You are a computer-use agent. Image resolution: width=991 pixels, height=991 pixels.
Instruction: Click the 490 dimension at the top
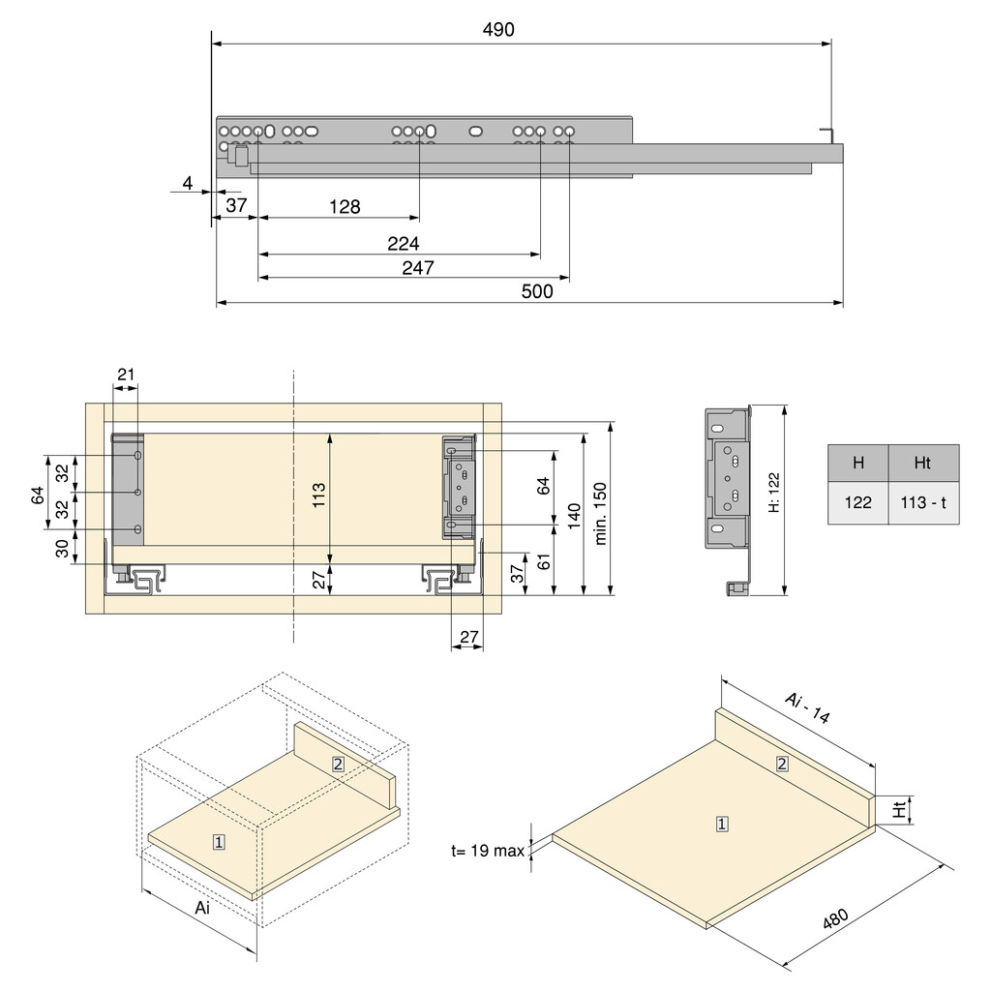click(499, 30)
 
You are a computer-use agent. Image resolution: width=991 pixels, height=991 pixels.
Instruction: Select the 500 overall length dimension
click(536, 291)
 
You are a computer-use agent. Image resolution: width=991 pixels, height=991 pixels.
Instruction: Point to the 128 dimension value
click(344, 206)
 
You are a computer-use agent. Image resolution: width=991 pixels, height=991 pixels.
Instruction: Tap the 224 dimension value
click(403, 243)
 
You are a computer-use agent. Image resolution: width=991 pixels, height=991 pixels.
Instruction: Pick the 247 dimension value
click(417, 268)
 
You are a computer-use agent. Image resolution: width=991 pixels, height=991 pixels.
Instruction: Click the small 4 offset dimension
click(189, 183)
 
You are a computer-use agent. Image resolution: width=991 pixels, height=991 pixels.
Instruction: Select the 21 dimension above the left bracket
click(126, 375)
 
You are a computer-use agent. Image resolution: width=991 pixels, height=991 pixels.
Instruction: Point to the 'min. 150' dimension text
click(600, 512)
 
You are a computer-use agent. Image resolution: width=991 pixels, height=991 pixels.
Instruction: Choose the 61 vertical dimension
click(544, 561)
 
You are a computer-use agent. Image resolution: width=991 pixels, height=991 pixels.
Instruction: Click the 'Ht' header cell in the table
click(923, 463)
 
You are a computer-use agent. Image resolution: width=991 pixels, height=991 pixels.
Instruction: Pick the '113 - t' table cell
click(923, 502)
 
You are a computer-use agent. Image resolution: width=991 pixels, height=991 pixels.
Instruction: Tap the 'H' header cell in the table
click(857, 463)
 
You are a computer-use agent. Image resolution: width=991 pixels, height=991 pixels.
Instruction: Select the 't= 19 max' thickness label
click(487, 852)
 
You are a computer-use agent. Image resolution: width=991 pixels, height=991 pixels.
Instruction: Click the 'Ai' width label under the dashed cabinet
click(202, 908)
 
